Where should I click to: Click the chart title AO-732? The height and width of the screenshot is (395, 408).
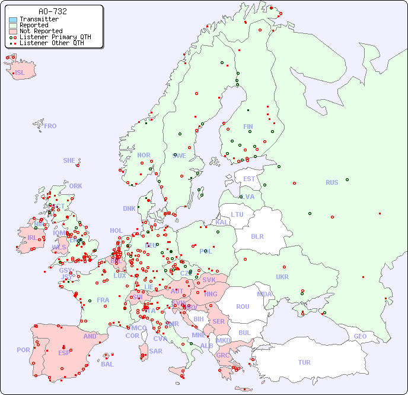pos(52,11)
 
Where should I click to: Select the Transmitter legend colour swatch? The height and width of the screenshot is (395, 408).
pos(13,19)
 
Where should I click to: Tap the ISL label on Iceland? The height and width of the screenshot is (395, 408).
pos(20,73)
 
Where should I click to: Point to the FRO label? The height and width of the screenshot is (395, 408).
pos(50,126)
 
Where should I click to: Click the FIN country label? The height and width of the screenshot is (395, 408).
pos(248,127)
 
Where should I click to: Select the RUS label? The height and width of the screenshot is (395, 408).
pos(332,182)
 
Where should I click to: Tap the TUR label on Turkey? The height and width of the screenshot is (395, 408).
pos(304,362)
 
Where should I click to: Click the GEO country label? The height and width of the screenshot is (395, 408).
pos(360,336)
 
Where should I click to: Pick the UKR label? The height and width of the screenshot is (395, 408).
pos(282,277)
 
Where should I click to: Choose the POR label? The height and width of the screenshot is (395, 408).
pos(23,350)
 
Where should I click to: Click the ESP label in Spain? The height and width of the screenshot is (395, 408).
pos(64,352)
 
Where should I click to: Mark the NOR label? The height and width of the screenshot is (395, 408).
pos(144,155)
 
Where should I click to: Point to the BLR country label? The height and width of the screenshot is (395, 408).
pos(257,236)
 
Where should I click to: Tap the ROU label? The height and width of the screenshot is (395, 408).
pos(243,306)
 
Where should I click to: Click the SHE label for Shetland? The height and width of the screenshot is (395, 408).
pos(69,160)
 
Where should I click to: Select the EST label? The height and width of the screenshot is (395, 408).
pos(249,179)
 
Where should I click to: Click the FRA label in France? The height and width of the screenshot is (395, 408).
pos(103,300)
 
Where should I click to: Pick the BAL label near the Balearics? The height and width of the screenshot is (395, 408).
pos(107,364)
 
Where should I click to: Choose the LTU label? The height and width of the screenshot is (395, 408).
pos(237,214)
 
